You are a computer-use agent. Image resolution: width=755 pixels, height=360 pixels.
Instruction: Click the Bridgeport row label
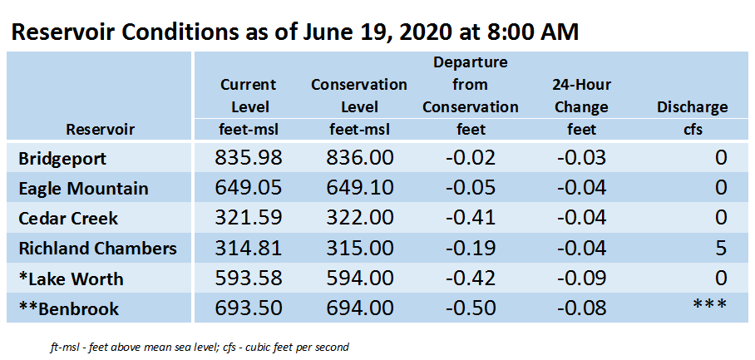point(62,159)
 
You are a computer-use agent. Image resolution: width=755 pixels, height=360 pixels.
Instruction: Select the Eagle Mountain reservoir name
point(83,189)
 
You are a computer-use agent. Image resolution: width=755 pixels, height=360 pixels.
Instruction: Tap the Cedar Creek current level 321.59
point(248,218)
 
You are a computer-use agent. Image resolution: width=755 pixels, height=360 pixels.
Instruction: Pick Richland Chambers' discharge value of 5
point(720,249)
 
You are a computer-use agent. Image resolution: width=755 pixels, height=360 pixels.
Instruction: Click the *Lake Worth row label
point(71,279)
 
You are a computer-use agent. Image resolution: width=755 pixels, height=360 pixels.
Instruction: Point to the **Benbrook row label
point(69,309)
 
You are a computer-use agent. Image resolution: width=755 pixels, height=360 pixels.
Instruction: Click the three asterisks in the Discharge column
point(709,304)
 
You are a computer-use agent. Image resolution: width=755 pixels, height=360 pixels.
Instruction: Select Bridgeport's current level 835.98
point(248,158)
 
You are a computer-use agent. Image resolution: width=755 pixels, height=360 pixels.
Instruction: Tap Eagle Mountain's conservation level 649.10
point(359,188)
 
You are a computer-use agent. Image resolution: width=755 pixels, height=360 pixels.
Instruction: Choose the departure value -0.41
point(470,218)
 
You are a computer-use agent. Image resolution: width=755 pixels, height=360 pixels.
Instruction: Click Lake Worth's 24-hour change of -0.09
point(582,279)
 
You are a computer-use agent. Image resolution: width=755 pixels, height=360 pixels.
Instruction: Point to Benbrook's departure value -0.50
point(470,308)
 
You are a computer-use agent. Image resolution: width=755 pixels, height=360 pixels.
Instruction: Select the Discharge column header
point(692,107)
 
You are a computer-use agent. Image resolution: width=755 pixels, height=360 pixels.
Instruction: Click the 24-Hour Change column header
point(582,96)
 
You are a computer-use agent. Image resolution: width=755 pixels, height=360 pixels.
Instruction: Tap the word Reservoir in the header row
point(100,130)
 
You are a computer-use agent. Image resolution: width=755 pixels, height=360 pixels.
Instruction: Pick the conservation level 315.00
point(359,249)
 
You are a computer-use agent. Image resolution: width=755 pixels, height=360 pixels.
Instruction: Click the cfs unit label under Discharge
point(693,130)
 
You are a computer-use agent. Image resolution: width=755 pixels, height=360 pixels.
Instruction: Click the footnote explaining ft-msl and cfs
point(199,347)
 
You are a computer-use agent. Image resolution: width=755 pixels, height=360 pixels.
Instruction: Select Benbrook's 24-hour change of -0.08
point(582,308)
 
